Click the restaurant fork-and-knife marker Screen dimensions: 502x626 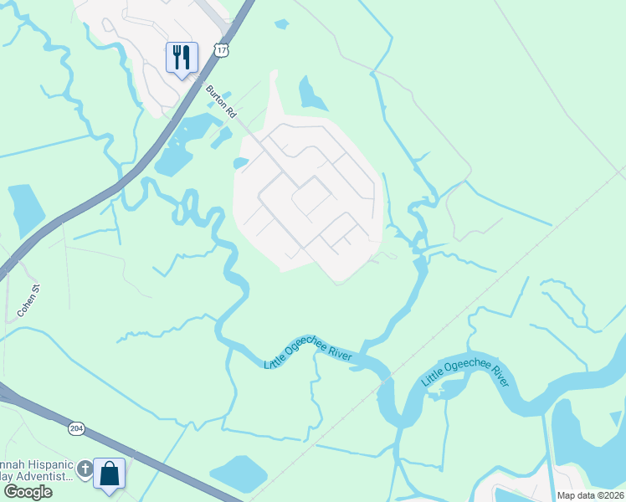pyautogui.click(x=182, y=58)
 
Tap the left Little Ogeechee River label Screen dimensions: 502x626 pyautogui.click(x=308, y=356)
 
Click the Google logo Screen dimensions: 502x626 pyautogui.click(x=28, y=491)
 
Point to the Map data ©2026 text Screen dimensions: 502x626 pyautogui.click(x=589, y=494)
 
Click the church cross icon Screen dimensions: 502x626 pyautogui.click(x=85, y=470)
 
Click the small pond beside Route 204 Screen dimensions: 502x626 pyautogui.click(x=239, y=474)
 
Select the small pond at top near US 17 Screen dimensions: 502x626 pyautogui.click(x=281, y=24)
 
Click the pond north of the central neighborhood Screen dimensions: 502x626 pyautogui.click(x=311, y=95)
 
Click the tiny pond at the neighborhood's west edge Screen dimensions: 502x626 pyautogui.click(x=240, y=163)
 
